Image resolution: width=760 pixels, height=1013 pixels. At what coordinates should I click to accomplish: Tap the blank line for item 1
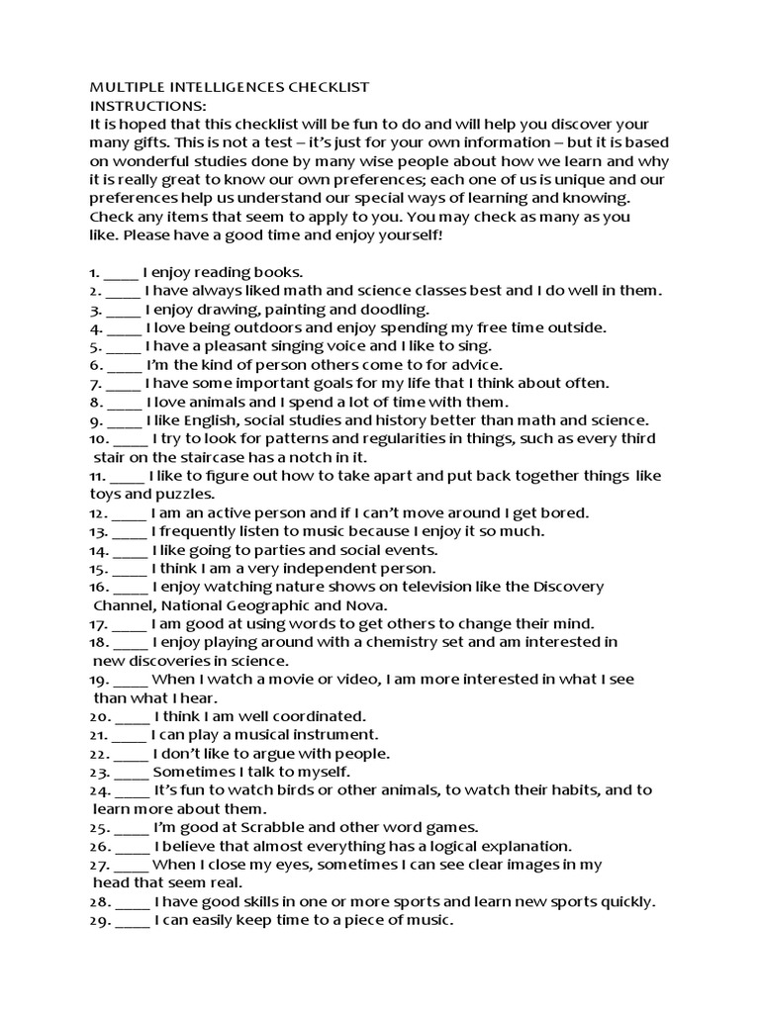coord(119,272)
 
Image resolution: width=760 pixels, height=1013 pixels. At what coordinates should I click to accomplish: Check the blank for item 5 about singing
coord(123,346)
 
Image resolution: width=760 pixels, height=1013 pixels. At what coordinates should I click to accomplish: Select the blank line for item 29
coord(133,921)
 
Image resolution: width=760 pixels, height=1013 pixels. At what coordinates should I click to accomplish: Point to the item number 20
coord(99,716)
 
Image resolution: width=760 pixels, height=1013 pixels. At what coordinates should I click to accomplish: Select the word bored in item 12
coord(566,512)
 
